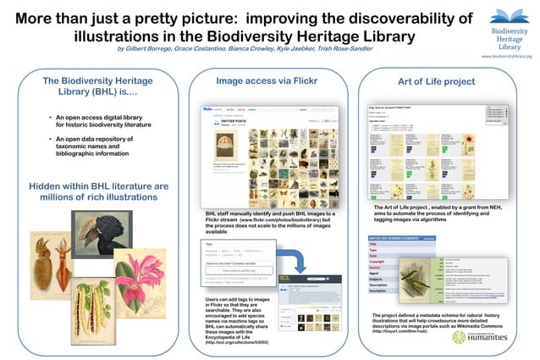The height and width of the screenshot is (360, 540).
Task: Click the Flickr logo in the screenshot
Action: [x=208, y=109]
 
